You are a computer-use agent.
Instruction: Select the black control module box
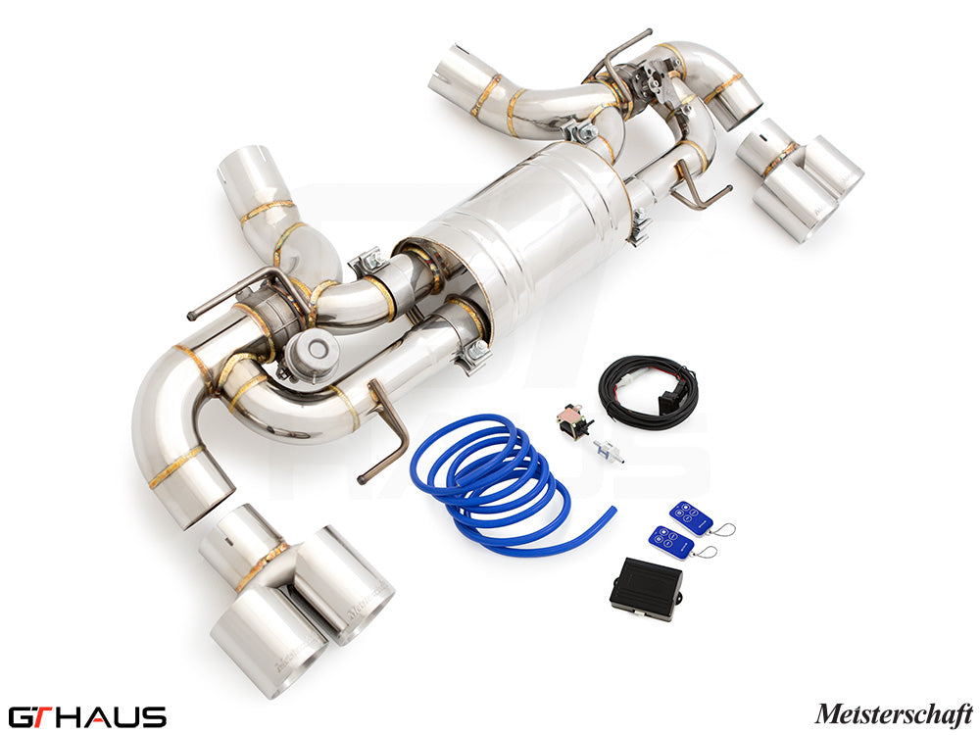point(646,589)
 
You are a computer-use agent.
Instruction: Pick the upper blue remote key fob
point(691,517)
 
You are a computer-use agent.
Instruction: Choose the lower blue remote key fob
point(671,542)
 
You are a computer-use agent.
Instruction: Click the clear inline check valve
point(608,451)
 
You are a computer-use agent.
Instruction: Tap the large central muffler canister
point(519,245)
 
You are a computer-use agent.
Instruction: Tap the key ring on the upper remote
point(725,530)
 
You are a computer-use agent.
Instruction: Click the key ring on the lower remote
point(707,552)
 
